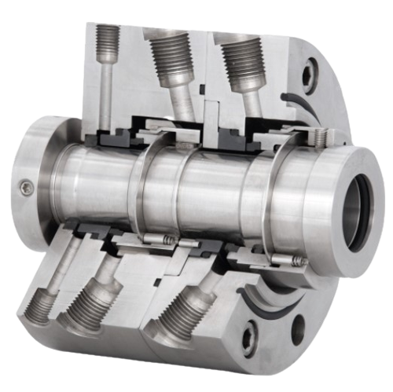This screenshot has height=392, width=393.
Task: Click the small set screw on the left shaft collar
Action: click(x=26, y=186)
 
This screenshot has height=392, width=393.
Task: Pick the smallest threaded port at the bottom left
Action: click(x=41, y=302)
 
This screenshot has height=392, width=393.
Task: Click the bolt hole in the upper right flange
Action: click(x=308, y=75)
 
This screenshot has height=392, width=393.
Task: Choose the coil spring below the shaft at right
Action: click(x=299, y=260)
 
